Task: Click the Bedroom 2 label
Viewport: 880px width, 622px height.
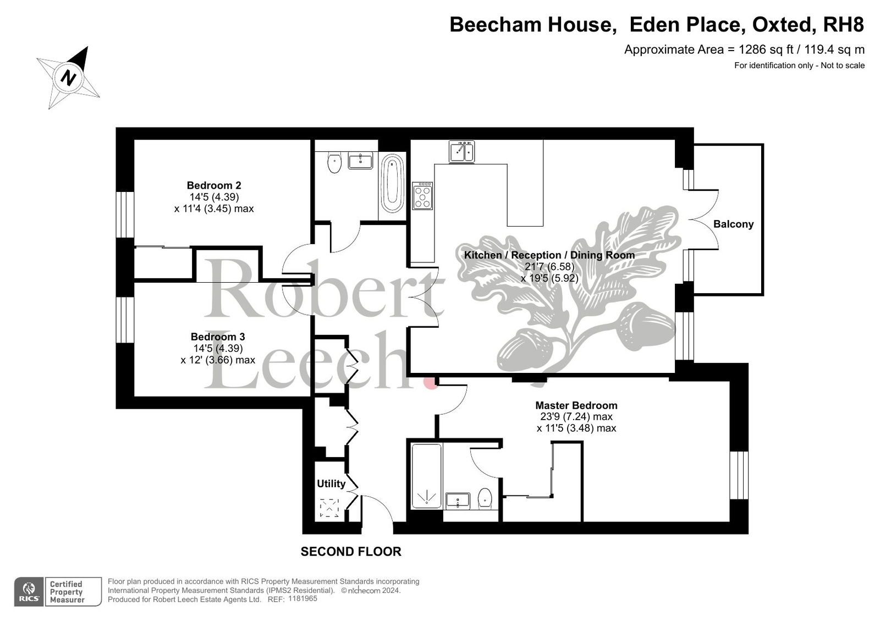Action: (214, 185)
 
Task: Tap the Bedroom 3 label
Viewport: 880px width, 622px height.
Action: (218, 337)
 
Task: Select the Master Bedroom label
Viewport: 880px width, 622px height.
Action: (576, 405)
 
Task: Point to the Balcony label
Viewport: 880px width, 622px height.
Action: (734, 224)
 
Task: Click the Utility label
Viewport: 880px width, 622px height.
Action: (331, 484)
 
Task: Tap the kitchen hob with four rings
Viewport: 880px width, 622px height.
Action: (422, 196)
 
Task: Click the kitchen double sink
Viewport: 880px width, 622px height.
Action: (461, 152)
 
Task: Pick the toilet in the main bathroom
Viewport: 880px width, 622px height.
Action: (334, 163)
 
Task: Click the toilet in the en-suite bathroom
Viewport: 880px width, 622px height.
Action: (485, 499)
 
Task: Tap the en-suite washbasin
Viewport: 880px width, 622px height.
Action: (458, 502)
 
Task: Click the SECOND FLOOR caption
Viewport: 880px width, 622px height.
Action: (351, 552)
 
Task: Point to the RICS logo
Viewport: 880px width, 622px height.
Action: (29, 592)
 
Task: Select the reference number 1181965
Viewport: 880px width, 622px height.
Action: (302, 599)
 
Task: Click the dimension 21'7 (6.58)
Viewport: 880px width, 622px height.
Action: (549, 267)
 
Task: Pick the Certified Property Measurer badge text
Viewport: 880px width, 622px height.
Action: (67, 592)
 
